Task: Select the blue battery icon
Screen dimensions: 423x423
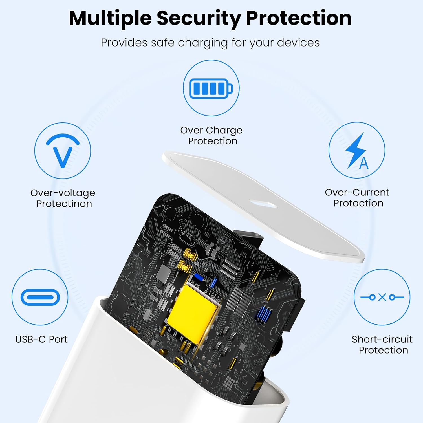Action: point(211,88)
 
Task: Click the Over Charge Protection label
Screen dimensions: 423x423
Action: point(211,136)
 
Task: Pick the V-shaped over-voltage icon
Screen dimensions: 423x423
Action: point(63,150)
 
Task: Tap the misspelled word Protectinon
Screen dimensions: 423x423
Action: point(64,204)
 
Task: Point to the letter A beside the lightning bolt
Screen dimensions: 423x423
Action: point(364,163)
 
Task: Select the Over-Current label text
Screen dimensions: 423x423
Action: point(357,192)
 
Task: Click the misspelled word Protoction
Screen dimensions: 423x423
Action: point(358,203)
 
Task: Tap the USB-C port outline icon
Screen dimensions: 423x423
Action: point(40,297)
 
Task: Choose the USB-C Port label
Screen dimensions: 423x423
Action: point(41,339)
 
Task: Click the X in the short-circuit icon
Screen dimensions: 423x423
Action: point(382,297)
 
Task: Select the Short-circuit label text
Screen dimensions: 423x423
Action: point(382,339)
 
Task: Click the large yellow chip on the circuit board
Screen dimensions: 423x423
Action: point(193,311)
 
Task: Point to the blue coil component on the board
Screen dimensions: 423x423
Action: point(265,313)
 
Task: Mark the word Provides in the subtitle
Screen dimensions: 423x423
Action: point(124,43)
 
